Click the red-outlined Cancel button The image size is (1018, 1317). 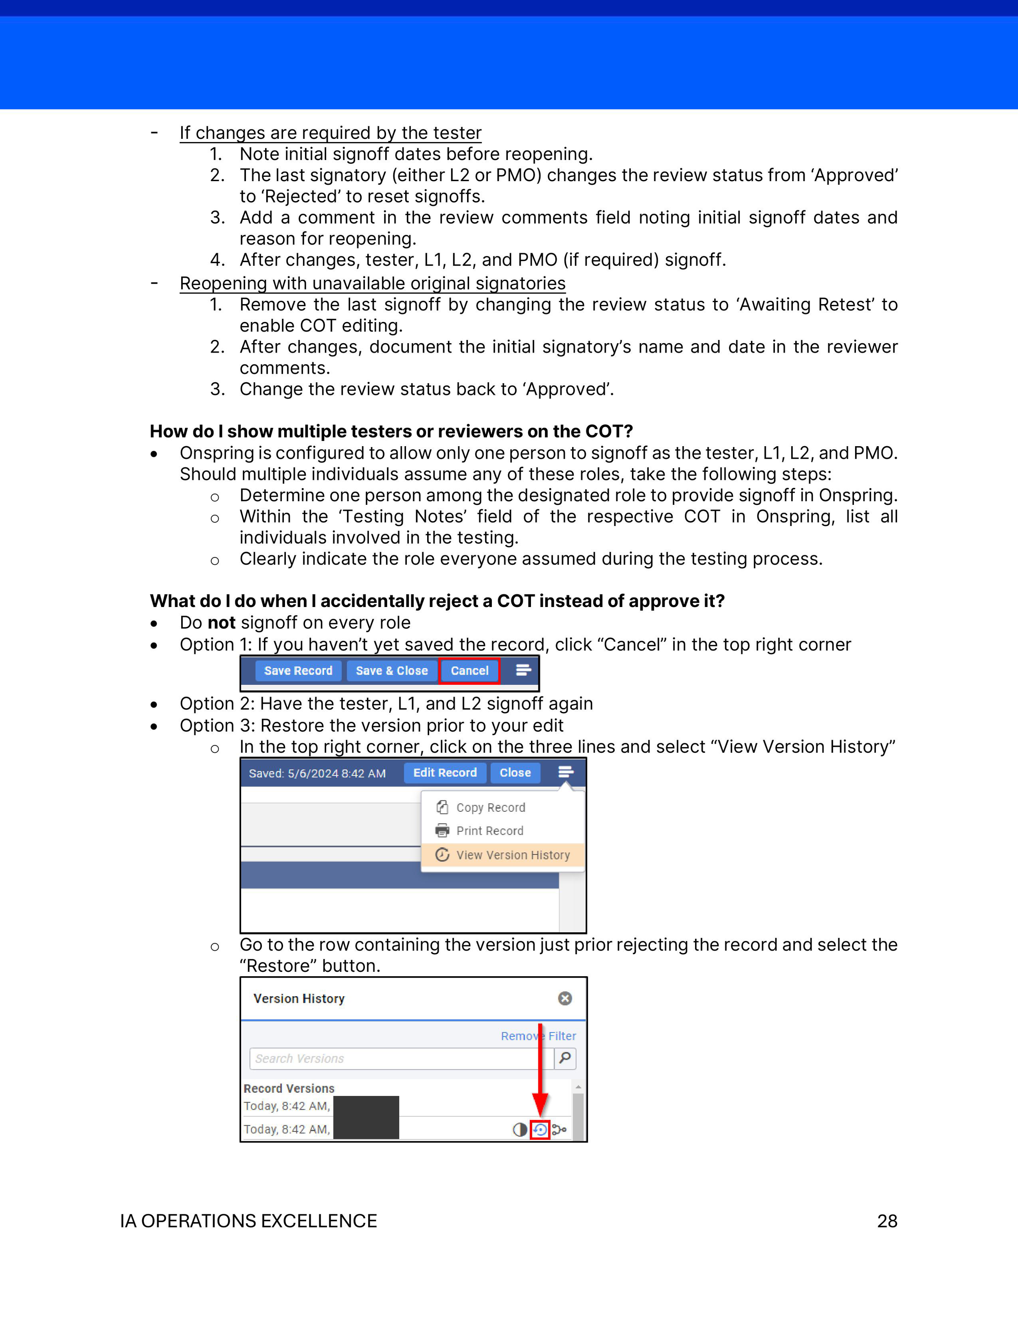point(469,671)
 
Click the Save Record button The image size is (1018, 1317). point(298,671)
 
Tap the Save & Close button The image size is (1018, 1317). point(391,671)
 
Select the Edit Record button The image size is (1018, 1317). point(445,772)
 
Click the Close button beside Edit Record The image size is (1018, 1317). point(515,772)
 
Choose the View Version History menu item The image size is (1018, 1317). point(512,855)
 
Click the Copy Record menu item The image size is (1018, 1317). point(490,807)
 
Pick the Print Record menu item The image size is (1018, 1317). point(489,831)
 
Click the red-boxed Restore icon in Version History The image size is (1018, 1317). point(540,1129)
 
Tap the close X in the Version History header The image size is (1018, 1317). point(564,999)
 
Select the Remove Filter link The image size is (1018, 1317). point(538,1036)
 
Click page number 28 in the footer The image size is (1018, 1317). point(886,1221)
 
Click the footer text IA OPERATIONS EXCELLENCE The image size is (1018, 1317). point(248,1221)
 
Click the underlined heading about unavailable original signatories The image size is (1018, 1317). point(372,283)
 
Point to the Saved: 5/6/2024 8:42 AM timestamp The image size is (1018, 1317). point(317,774)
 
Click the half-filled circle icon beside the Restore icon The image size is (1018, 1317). point(519,1129)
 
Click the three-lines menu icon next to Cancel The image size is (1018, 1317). point(523,670)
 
